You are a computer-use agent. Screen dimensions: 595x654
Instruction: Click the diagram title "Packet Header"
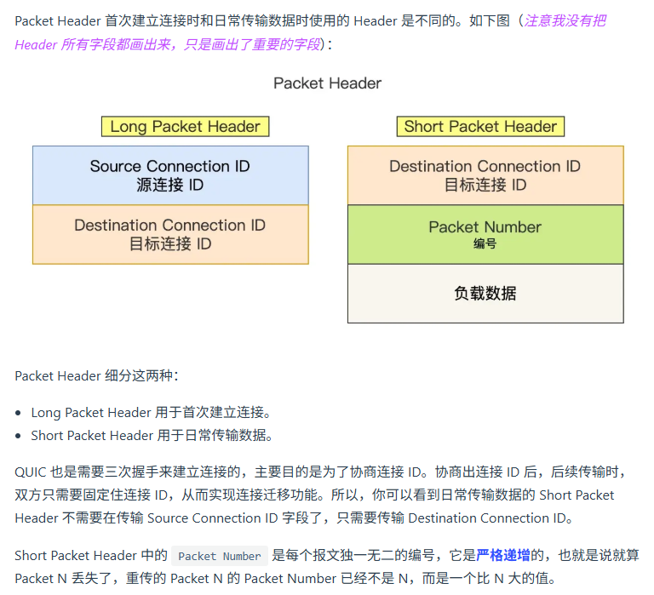(327, 83)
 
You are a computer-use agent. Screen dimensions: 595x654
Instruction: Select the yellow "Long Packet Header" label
(185, 127)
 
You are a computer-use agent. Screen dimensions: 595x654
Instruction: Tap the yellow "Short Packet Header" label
(480, 127)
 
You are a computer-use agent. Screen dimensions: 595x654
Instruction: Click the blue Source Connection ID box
(170, 175)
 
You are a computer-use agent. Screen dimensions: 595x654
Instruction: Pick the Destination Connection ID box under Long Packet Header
(170, 234)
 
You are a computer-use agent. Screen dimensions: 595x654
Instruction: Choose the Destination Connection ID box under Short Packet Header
(485, 175)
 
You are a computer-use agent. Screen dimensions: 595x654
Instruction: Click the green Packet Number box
(485, 233)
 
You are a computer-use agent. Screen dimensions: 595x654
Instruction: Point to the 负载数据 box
(485, 294)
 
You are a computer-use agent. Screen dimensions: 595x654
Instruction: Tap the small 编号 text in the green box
(485, 243)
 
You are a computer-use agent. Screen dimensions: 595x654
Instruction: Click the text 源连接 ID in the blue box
(170, 185)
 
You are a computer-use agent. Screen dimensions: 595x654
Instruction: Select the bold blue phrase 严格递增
(502, 556)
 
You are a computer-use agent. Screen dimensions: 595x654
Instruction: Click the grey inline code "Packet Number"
(219, 557)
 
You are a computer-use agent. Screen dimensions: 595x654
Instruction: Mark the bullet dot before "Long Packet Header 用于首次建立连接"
(19, 413)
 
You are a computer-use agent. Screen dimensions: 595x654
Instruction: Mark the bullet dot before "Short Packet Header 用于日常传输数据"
(19, 436)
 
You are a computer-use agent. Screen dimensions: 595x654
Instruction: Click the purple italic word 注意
(537, 20)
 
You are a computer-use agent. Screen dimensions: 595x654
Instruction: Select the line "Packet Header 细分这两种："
(96, 375)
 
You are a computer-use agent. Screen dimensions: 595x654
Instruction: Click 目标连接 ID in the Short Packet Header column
(485, 185)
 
